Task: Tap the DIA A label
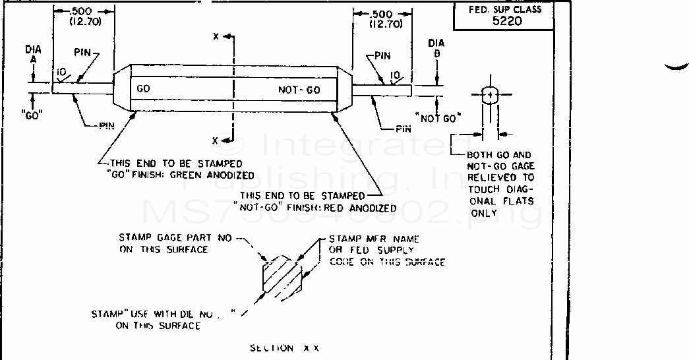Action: [33, 58]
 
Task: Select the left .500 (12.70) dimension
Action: [84, 16]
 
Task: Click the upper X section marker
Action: [216, 36]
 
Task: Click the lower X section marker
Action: [216, 140]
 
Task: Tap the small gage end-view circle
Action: [489, 96]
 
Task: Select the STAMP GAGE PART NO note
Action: [175, 243]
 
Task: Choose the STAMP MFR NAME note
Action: [386, 251]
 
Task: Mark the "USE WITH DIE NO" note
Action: [164, 320]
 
